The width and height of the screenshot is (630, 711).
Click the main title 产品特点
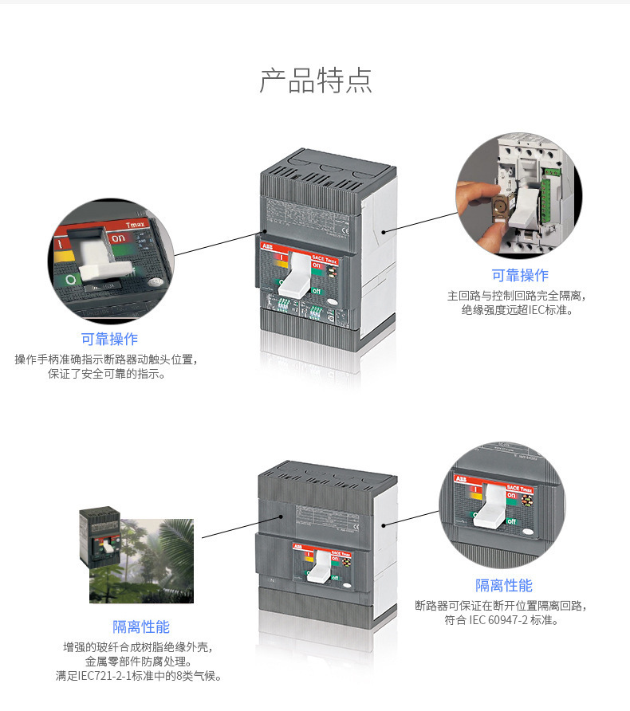(315, 81)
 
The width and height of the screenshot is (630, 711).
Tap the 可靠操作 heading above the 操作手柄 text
(109, 339)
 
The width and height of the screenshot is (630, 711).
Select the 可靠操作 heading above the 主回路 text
(519, 275)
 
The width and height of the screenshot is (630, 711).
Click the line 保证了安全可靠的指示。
(107, 375)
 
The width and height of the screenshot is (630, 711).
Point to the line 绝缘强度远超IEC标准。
(518, 310)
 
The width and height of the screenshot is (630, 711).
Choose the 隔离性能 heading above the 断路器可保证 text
(503, 585)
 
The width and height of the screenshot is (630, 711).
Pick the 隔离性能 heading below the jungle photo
(140, 627)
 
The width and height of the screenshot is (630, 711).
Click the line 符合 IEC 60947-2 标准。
(502, 620)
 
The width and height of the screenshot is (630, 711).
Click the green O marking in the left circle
(71, 280)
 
